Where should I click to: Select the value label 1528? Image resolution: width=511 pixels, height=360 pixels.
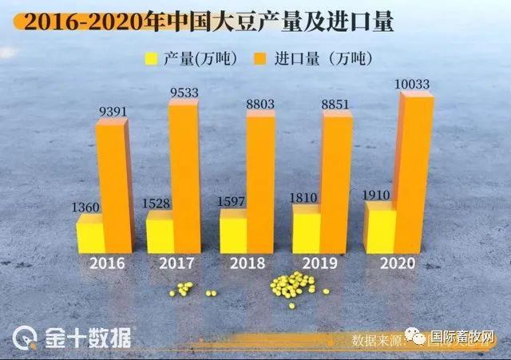point(156,204)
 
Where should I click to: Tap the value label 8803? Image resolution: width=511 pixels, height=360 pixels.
point(259,102)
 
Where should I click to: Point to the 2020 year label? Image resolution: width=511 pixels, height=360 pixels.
point(398,263)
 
